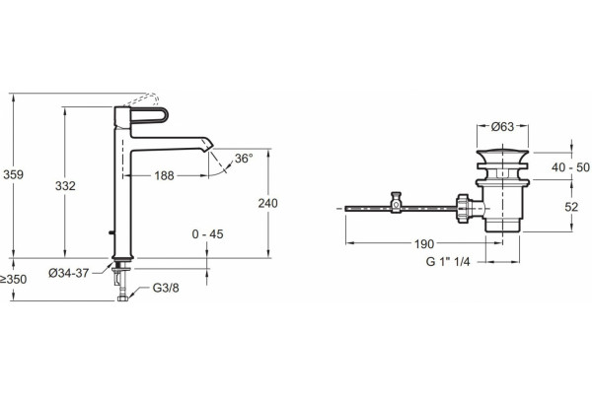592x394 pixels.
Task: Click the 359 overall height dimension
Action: (x=13, y=175)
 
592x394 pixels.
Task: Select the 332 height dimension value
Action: (x=65, y=186)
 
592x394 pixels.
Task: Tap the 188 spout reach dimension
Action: (x=164, y=175)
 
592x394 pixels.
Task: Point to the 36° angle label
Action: (x=244, y=159)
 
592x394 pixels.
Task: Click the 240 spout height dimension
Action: (x=267, y=203)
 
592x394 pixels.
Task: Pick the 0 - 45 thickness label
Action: (x=207, y=234)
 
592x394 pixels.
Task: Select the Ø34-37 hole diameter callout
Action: (x=69, y=273)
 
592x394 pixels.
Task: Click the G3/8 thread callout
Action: (x=166, y=288)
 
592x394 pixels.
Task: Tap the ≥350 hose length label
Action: (x=14, y=280)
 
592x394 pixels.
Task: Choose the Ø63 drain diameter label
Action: (x=502, y=127)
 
